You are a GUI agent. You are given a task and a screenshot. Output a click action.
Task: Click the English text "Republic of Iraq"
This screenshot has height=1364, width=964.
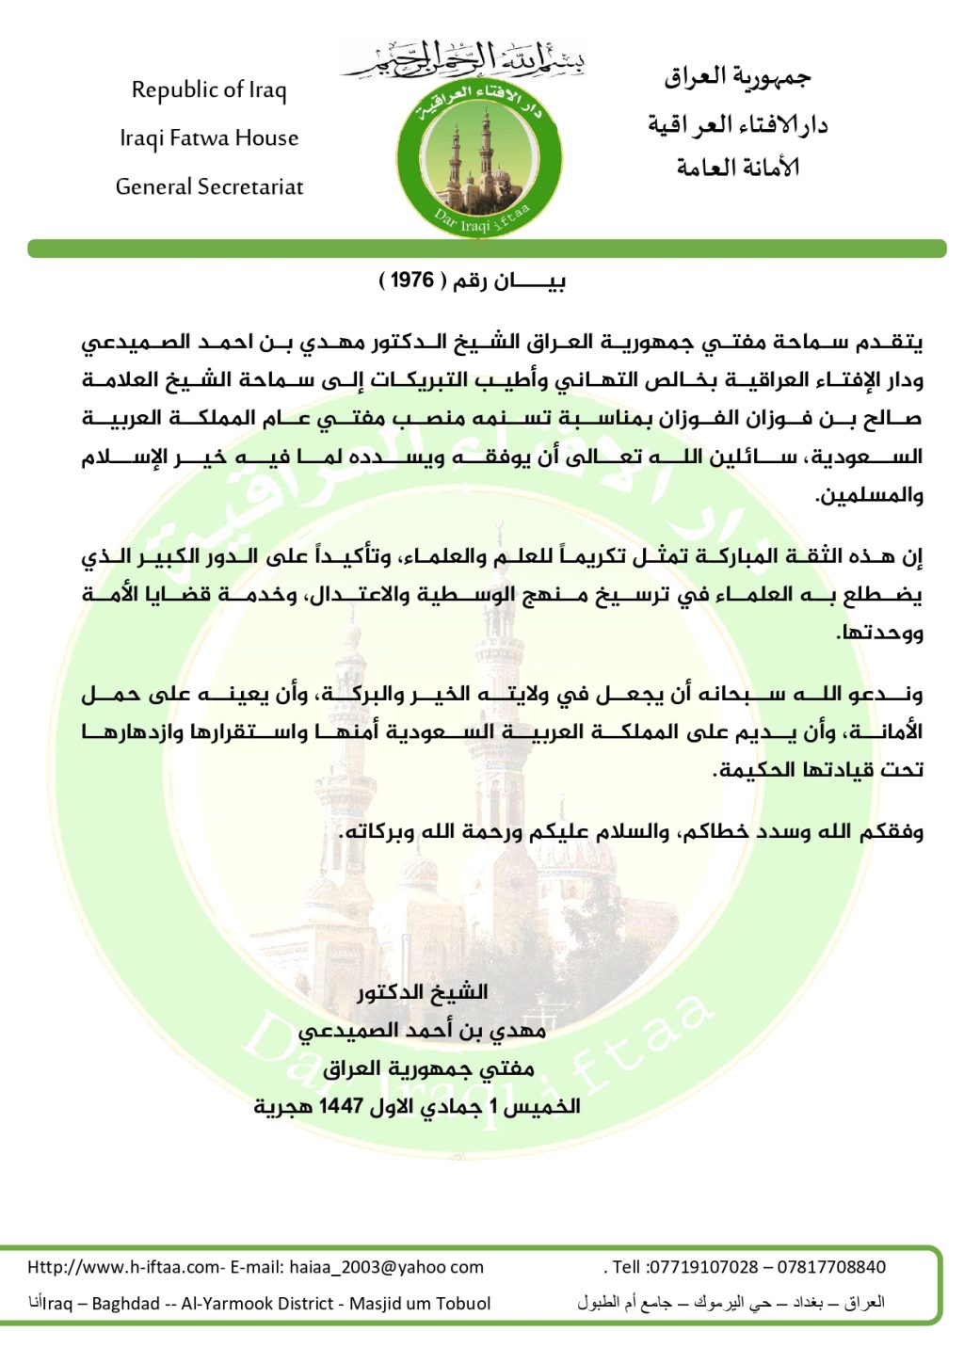(x=209, y=90)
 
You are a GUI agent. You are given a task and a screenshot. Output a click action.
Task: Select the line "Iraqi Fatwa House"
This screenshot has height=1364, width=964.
(x=209, y=138)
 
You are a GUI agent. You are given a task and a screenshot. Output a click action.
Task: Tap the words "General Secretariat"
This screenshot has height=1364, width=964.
(x=209, y=186)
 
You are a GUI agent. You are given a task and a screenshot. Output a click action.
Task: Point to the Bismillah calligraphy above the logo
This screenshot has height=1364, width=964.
(x=463, y=58)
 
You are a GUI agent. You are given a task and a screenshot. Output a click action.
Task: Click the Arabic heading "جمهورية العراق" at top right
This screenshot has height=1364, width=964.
(x=737, y=78)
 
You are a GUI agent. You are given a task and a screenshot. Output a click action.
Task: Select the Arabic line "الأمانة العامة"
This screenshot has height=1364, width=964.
(x=737, y=168)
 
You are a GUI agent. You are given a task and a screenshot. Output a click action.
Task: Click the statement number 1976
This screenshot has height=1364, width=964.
(x=411, y=281)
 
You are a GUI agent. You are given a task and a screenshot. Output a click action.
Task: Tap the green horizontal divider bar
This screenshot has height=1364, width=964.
(x=486, y=249)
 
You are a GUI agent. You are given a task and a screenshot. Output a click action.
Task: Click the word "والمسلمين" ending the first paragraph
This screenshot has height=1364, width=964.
(x=869, y=495)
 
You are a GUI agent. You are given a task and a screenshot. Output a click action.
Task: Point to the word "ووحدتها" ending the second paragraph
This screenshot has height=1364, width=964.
(x=880, y=633)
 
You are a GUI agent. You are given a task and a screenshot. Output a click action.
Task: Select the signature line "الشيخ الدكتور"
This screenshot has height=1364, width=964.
(x=423, y=992)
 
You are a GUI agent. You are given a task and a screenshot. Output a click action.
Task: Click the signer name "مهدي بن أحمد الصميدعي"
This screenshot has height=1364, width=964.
(x=423, y=1031)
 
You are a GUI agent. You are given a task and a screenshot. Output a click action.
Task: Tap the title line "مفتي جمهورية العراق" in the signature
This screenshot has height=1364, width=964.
(x=428, y=1068)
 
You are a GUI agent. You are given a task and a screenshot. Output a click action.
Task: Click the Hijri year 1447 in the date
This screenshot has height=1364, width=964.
(x=341, y=1107)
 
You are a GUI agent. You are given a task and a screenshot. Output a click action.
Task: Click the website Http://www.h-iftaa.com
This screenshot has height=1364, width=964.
(x=123, y=1267)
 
